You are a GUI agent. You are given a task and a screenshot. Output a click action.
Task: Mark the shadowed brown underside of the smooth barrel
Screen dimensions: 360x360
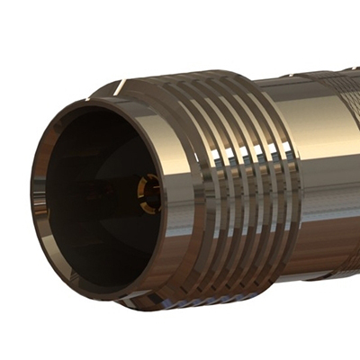pyautogui.click(x=324, y=243)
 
